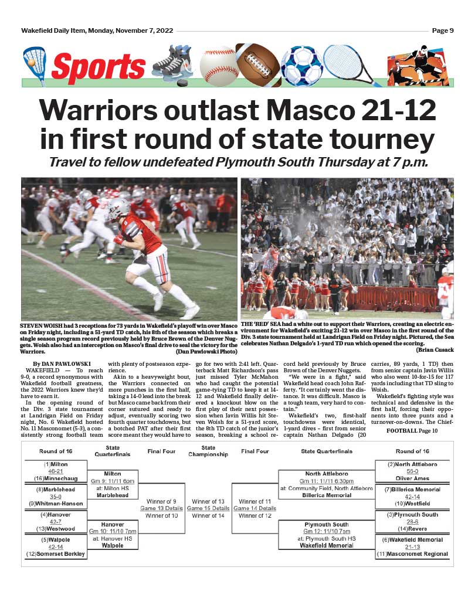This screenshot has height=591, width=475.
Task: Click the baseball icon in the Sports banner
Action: (218, 65)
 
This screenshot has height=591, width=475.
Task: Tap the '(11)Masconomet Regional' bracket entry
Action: (413, 554)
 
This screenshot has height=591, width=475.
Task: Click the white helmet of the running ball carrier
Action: (118, 209)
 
